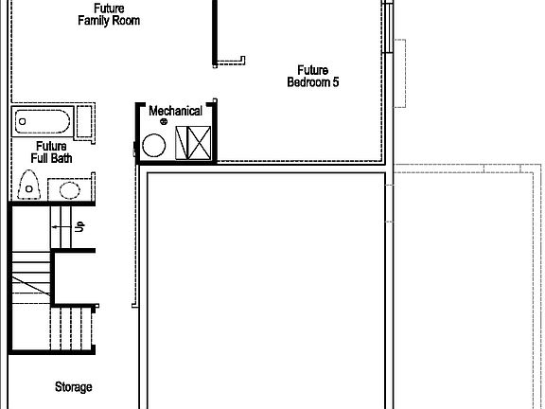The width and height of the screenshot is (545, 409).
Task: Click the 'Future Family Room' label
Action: coord(110,14)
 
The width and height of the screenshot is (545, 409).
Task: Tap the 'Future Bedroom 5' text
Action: coord(312,76)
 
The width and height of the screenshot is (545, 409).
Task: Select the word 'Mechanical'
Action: coord(175,111)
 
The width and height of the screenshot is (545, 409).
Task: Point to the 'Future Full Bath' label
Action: coord(51,152)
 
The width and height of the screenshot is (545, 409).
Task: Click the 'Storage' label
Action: coord(73,386)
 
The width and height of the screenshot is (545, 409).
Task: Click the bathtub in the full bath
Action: coord(43,123)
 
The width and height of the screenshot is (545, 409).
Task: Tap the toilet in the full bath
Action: coord(30,184)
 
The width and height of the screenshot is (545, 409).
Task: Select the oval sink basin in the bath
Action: coord(70,189)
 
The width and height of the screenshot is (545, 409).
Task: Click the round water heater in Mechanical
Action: coord(152,147)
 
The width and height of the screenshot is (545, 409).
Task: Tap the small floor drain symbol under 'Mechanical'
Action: coord(163,122)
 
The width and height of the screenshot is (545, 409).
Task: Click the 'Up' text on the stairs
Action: coord(80,226)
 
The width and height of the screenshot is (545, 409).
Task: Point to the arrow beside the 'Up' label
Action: coord(62,227)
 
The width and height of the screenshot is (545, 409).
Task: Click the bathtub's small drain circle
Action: coord(23,123)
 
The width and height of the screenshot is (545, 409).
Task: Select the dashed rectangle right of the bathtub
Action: coord(83,123)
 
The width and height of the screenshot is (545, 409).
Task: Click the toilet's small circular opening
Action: coord(29,189)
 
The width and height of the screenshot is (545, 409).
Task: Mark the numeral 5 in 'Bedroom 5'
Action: coord(336,82)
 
